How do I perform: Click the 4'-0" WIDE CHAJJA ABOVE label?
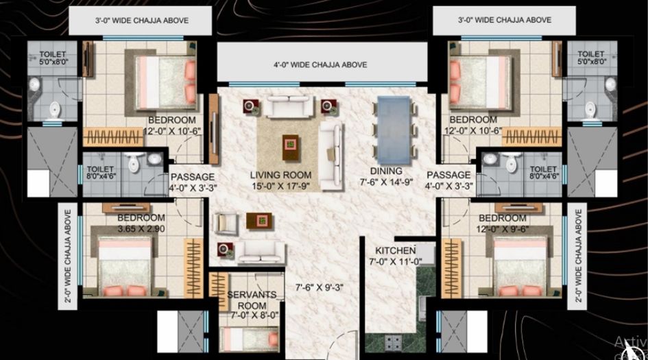pyautogui.click(x=320, y=65)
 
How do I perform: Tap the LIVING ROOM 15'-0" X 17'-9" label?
pyautogui.click(x=280, y=180)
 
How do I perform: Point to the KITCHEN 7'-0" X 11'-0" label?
pyautogui.click(x=396, y=256)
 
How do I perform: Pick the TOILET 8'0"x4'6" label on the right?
pyautogui.click(x=543, y=172)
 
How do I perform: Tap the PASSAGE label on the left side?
pyautogui.click(x=188, y=180)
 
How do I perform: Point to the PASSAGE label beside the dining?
pyautogui.click(x=448, y=180)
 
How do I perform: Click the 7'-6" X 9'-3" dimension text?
pyautogui.click(x=319, y=288)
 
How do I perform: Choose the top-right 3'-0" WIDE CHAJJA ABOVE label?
pyautogui.click(x=504, y=21)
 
